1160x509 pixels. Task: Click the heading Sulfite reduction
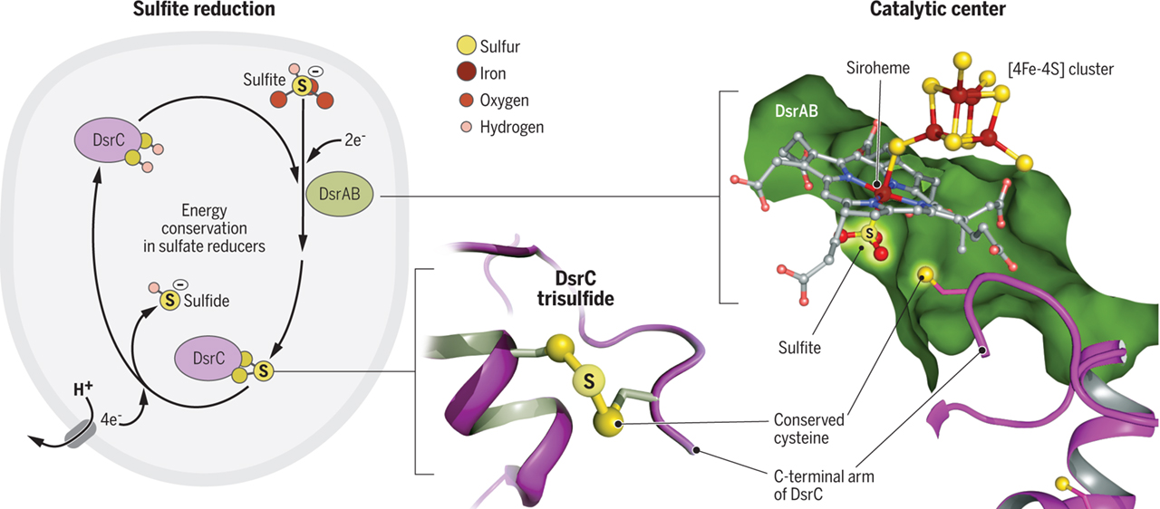tap(203, 10)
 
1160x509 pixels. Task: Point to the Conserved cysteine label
tap(808, 429)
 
